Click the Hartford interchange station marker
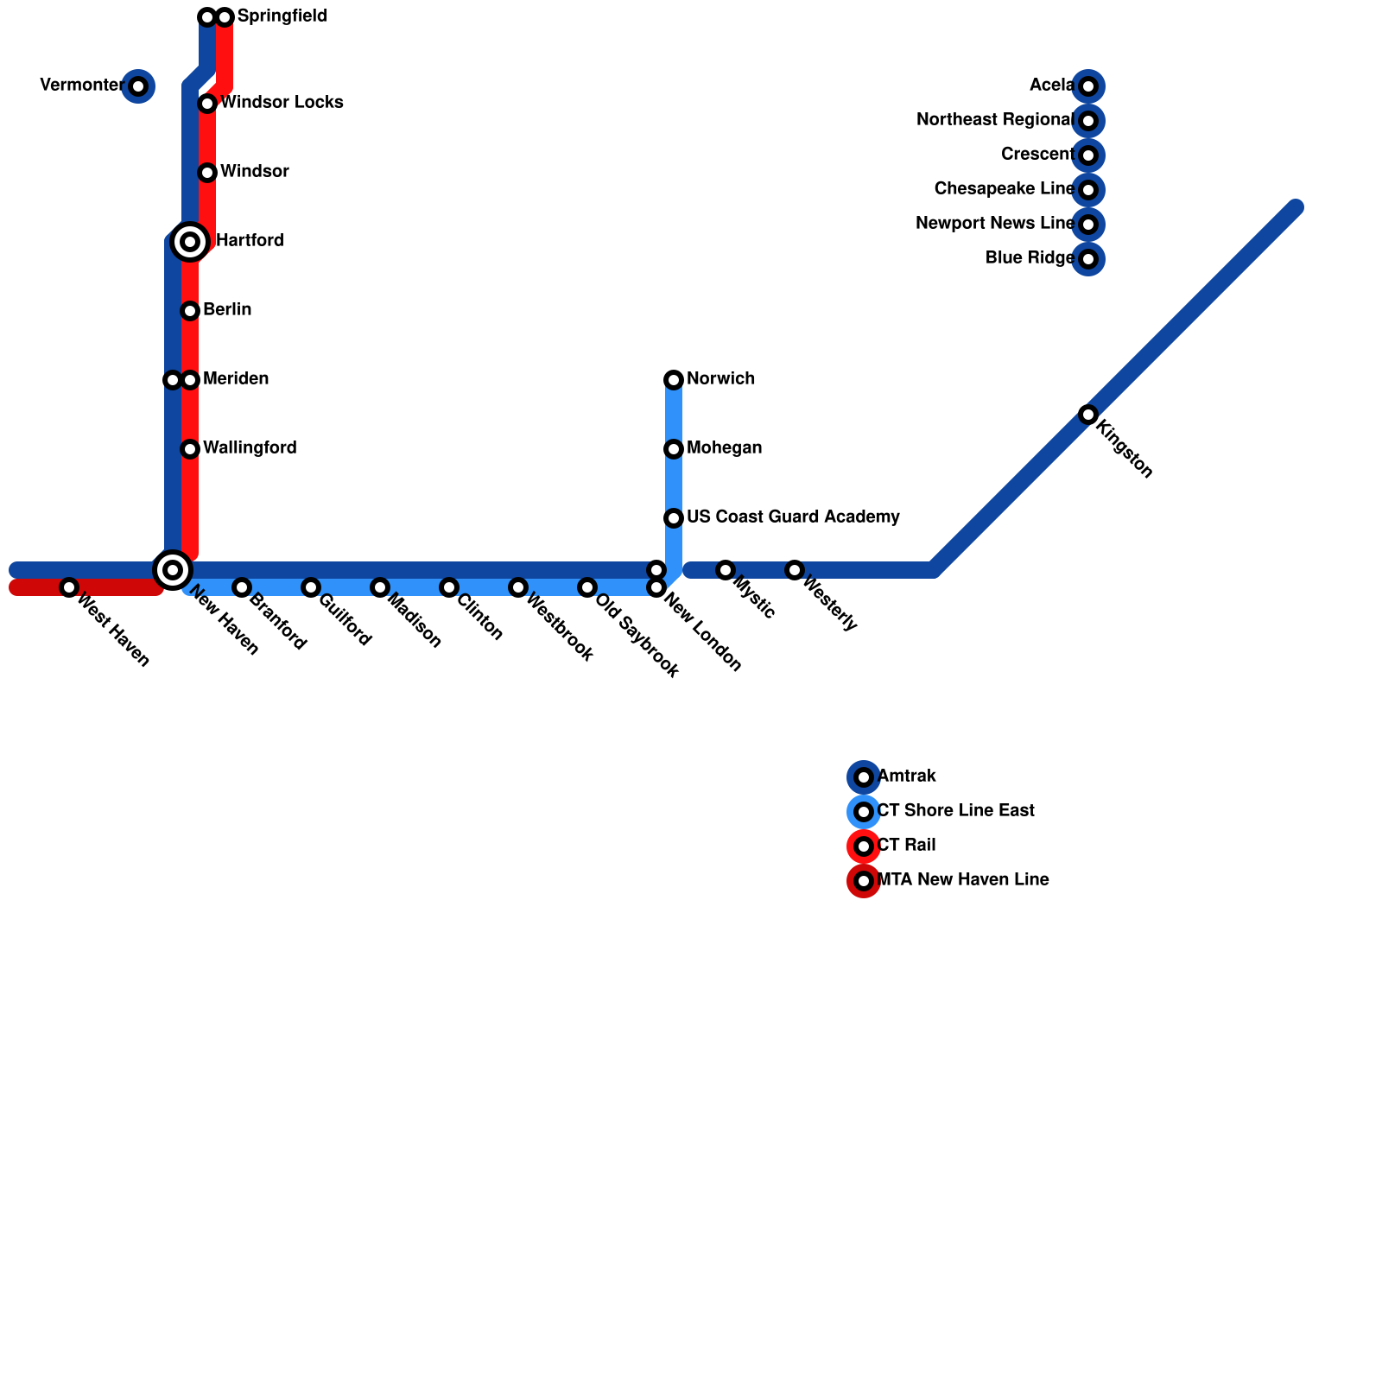(190, 241)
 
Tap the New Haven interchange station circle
(173, 569)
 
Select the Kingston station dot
(1088, 415)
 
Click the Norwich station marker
(674, 380)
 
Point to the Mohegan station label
(724, 448)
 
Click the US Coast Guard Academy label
(793, 517)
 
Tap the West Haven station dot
(69, 587)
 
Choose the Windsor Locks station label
(282, 103)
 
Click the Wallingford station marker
(190, 449)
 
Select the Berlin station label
(227, 310)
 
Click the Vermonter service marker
(138, 86)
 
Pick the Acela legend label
(1051, 86)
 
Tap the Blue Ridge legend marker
(1088, 259)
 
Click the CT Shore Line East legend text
(955, 811)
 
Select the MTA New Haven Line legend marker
(864, 881)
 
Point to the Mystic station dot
(726, 570)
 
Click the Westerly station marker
(795, 570)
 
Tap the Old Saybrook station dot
(587, 587)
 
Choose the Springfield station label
(282, 16)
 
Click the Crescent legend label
(1037, 155)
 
